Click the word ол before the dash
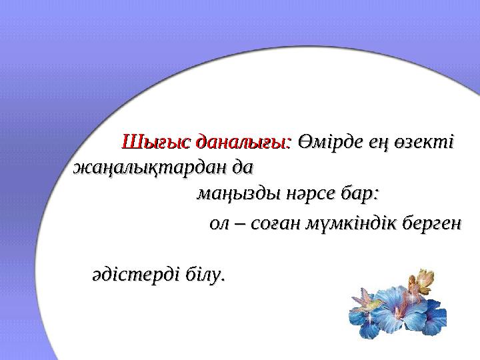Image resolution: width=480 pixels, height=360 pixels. click(x=219, y=225)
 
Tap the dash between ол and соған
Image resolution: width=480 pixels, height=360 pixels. click(x=241, y=225)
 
